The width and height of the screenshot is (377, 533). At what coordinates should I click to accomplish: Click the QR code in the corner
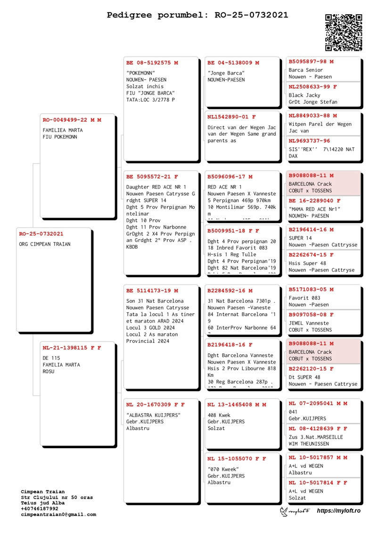pyautogui.click(x=344, y=32)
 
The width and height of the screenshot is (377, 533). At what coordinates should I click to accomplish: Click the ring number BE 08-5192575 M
pyautogui.click(x=152, y=63)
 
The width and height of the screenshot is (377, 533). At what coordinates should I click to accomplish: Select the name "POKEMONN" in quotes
pyautogui.click(x=141, y=73)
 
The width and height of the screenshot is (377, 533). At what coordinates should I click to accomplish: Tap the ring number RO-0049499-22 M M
pyautogui.click(x=72, y=120)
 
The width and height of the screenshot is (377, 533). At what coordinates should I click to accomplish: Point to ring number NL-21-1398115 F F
pyautogui.click(x=72, y=348)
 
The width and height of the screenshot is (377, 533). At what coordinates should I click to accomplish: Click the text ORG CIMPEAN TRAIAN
pyautogui.click(x=45, y=244)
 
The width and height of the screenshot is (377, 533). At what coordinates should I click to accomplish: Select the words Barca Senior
pyautogui.click(x=306, y=70)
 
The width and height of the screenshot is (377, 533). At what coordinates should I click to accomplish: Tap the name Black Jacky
pyautogui.click(x=304, y=95)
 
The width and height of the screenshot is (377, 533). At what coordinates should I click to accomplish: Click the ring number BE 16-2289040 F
pyautogui.click(x=314, y=200)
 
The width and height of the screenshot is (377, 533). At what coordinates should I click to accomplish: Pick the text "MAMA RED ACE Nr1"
pyautogui.click(x=314, y=209)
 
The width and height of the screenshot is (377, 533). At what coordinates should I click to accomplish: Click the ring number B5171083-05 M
pyautogui.click(x=311, y=289)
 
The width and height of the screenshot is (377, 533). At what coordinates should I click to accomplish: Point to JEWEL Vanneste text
pyautogui.click(x=309, y=323)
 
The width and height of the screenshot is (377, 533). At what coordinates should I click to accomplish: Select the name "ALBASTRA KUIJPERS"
pyautogui.click(x=153, y=415)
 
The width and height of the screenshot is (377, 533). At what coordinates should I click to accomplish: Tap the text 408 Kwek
pyautogui.click(x=219, y=415)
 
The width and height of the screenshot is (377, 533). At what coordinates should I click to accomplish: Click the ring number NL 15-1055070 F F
pyautogui.click(x=237, y=458)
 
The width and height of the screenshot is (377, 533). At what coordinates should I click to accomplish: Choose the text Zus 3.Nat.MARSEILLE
pyautogui.click(x=316, y=437)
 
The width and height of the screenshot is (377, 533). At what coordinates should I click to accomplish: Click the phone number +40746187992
pyautogui.click(x=40, y=509)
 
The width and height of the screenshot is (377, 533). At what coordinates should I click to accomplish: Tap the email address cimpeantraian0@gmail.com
pyautogui.click(x=58, y=515)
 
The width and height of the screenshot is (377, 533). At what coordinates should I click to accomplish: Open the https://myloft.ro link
pyautogui.click(x=338, y=511)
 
